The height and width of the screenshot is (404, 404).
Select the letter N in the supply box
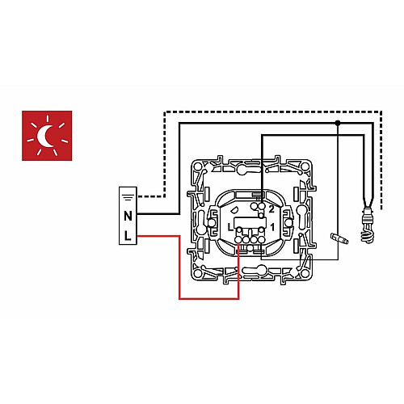[128, 216]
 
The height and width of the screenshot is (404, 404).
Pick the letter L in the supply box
[128, 236]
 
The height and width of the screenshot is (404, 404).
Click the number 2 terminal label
[271, 209]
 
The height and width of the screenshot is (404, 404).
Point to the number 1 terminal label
[272, 227]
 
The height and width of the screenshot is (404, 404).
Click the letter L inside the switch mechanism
[229, 227]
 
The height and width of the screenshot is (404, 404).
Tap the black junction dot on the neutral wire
[338, 123]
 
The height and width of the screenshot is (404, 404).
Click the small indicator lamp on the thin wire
[339, 238]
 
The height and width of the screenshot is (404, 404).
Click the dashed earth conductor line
[272, 112]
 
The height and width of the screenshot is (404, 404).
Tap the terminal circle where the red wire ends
[238, 239]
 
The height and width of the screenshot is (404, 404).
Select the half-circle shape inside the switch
[235, 209]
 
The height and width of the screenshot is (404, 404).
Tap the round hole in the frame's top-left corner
[199, 167]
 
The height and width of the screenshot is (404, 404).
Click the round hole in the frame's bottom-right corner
[305, 274]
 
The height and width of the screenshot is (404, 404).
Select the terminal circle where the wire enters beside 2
[261, 207]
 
